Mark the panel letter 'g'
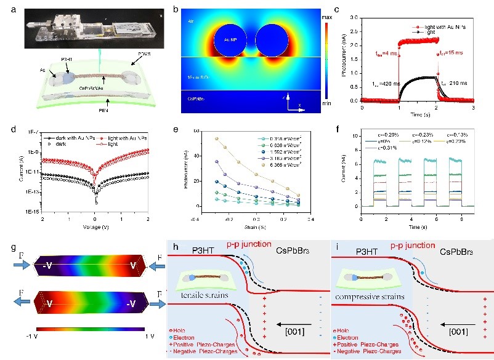tap(8, 248)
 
